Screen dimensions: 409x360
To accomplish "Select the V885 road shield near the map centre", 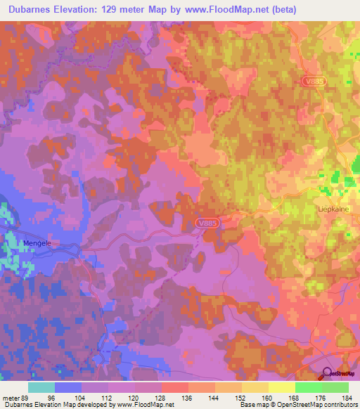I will coord(207,223).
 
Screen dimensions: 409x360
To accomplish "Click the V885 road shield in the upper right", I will coord(314,82).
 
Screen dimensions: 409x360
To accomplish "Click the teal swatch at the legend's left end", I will coord(41,387).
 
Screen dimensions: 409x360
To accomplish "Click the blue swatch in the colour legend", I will coord(68,387).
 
